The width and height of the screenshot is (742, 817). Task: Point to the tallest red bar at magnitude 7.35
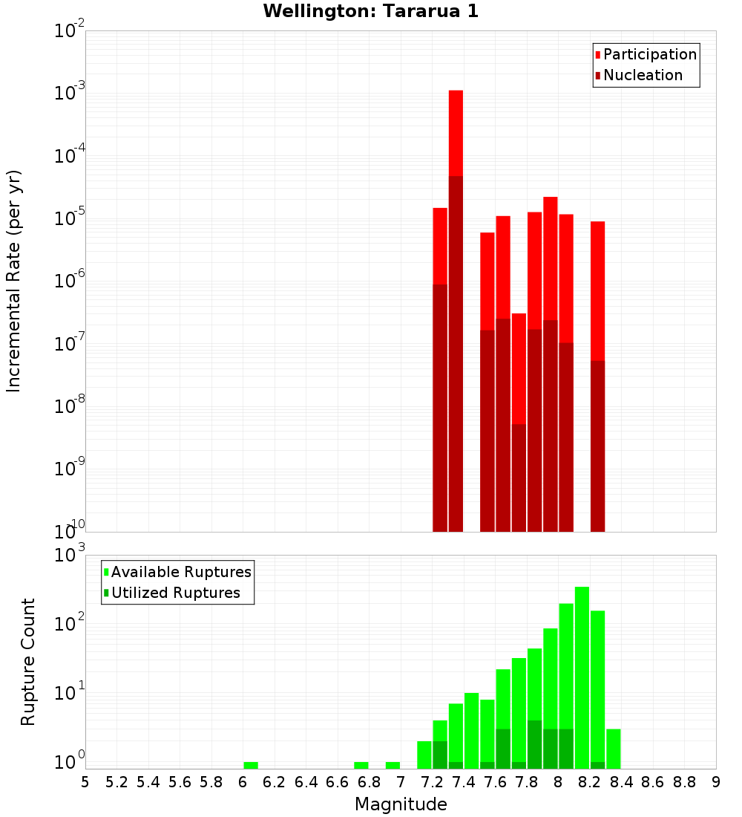456,297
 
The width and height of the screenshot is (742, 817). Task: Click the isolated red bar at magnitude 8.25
598,371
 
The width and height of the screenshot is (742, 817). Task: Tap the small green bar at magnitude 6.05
251,765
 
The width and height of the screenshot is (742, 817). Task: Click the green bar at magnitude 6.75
361,765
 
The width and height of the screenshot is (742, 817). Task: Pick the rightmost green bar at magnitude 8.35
614,749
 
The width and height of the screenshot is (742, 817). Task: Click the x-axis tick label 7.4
464,782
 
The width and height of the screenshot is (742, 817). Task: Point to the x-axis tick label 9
716,782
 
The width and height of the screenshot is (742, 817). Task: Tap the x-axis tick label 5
85,782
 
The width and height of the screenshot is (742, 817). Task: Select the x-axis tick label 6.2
275,782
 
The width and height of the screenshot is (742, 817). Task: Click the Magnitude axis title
401,804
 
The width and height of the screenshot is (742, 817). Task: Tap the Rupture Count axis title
28,661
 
